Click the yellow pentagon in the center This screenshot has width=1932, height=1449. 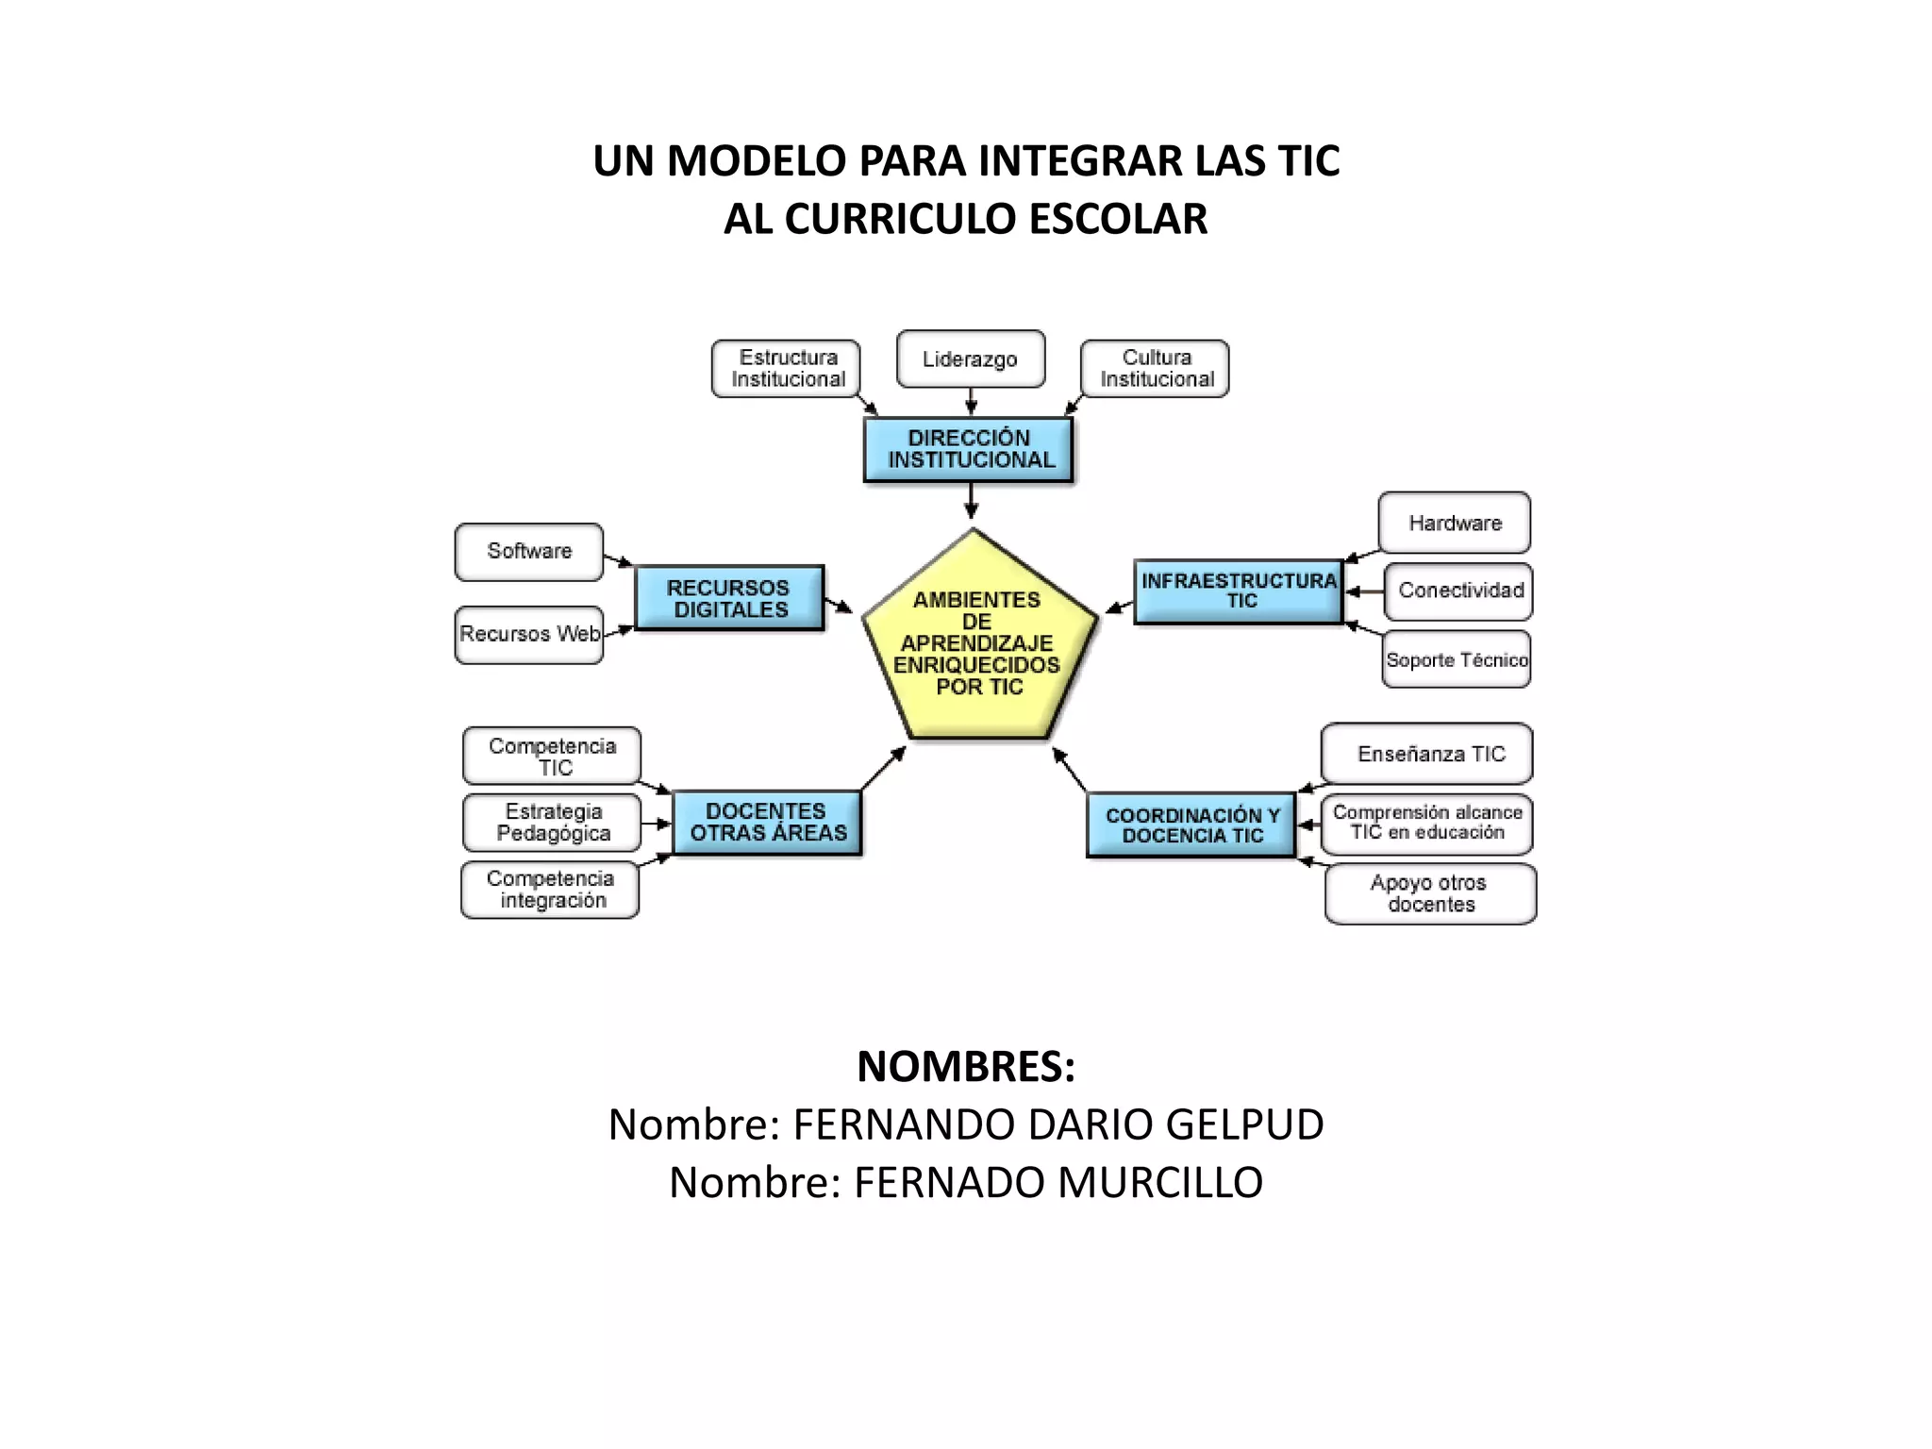pyautogui.click(x=978, y=641)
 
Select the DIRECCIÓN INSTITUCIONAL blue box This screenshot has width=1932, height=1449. pyautogui.click(x=969, y=449)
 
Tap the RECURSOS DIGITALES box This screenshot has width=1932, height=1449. pyautogui.click(x=729, y=598)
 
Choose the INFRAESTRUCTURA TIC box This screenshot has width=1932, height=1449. pyautogui.click(x=1239, y=591)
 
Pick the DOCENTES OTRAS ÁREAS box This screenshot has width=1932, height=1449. pyautogui.click(x=767, y=823)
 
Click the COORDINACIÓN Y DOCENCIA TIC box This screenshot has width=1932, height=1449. pyautogui.click(x=1191, y=824)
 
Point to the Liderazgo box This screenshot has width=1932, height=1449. pyautogui.click(x=970, y=359)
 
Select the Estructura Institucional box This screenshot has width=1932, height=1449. pyautogui.click(x=787, y=369)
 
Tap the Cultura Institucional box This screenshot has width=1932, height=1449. pyautogui.click(x=1156, y=369)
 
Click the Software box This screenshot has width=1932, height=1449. pyautogui.click(x=529, y=552)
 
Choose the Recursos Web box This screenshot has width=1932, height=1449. pyautogui.click(x=529, y=635)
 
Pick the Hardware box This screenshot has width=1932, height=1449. pyautogui.click(x=1454, y=524)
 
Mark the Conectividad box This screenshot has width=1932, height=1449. pyautogui.click(x=1459, y=591)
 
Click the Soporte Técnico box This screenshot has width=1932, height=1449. pyautogui.click(x=1457, y=660)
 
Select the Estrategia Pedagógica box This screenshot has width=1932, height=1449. pyautogui.click(x=553, y=823)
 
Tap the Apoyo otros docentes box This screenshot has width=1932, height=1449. pyautogui.click(x=1430, y=893)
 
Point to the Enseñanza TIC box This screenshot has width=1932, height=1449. pyautogui.click(x=1428, y=754)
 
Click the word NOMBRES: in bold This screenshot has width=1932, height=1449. pyautogui.click(x=966, y=1067)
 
